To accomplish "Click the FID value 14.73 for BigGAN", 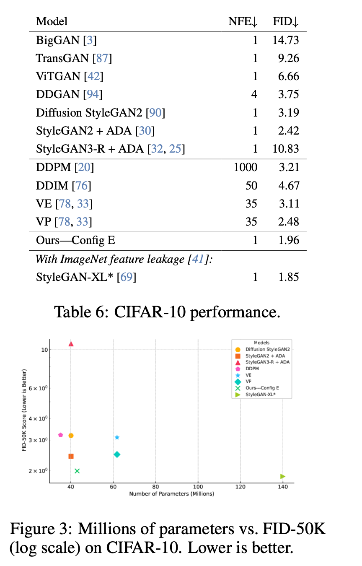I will click(x=286, y=40).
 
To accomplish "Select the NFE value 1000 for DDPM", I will click(x=246, y=168).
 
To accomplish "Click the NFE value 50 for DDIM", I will click(x=251, y=186).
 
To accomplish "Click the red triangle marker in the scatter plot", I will click(x=71, y=344).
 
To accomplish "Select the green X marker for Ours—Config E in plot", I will click(x=77, y=471).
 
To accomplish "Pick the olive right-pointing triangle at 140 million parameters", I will click(x=283, y=476).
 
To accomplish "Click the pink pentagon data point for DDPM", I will click(x=61, y=435).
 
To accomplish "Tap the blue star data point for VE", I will click(x=117, y=437).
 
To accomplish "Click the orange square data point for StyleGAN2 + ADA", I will click(x=71, y=456).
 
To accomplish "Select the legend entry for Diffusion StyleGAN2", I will click(x=267, y=349).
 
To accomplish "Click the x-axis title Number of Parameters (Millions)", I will click(x=171, y=494).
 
